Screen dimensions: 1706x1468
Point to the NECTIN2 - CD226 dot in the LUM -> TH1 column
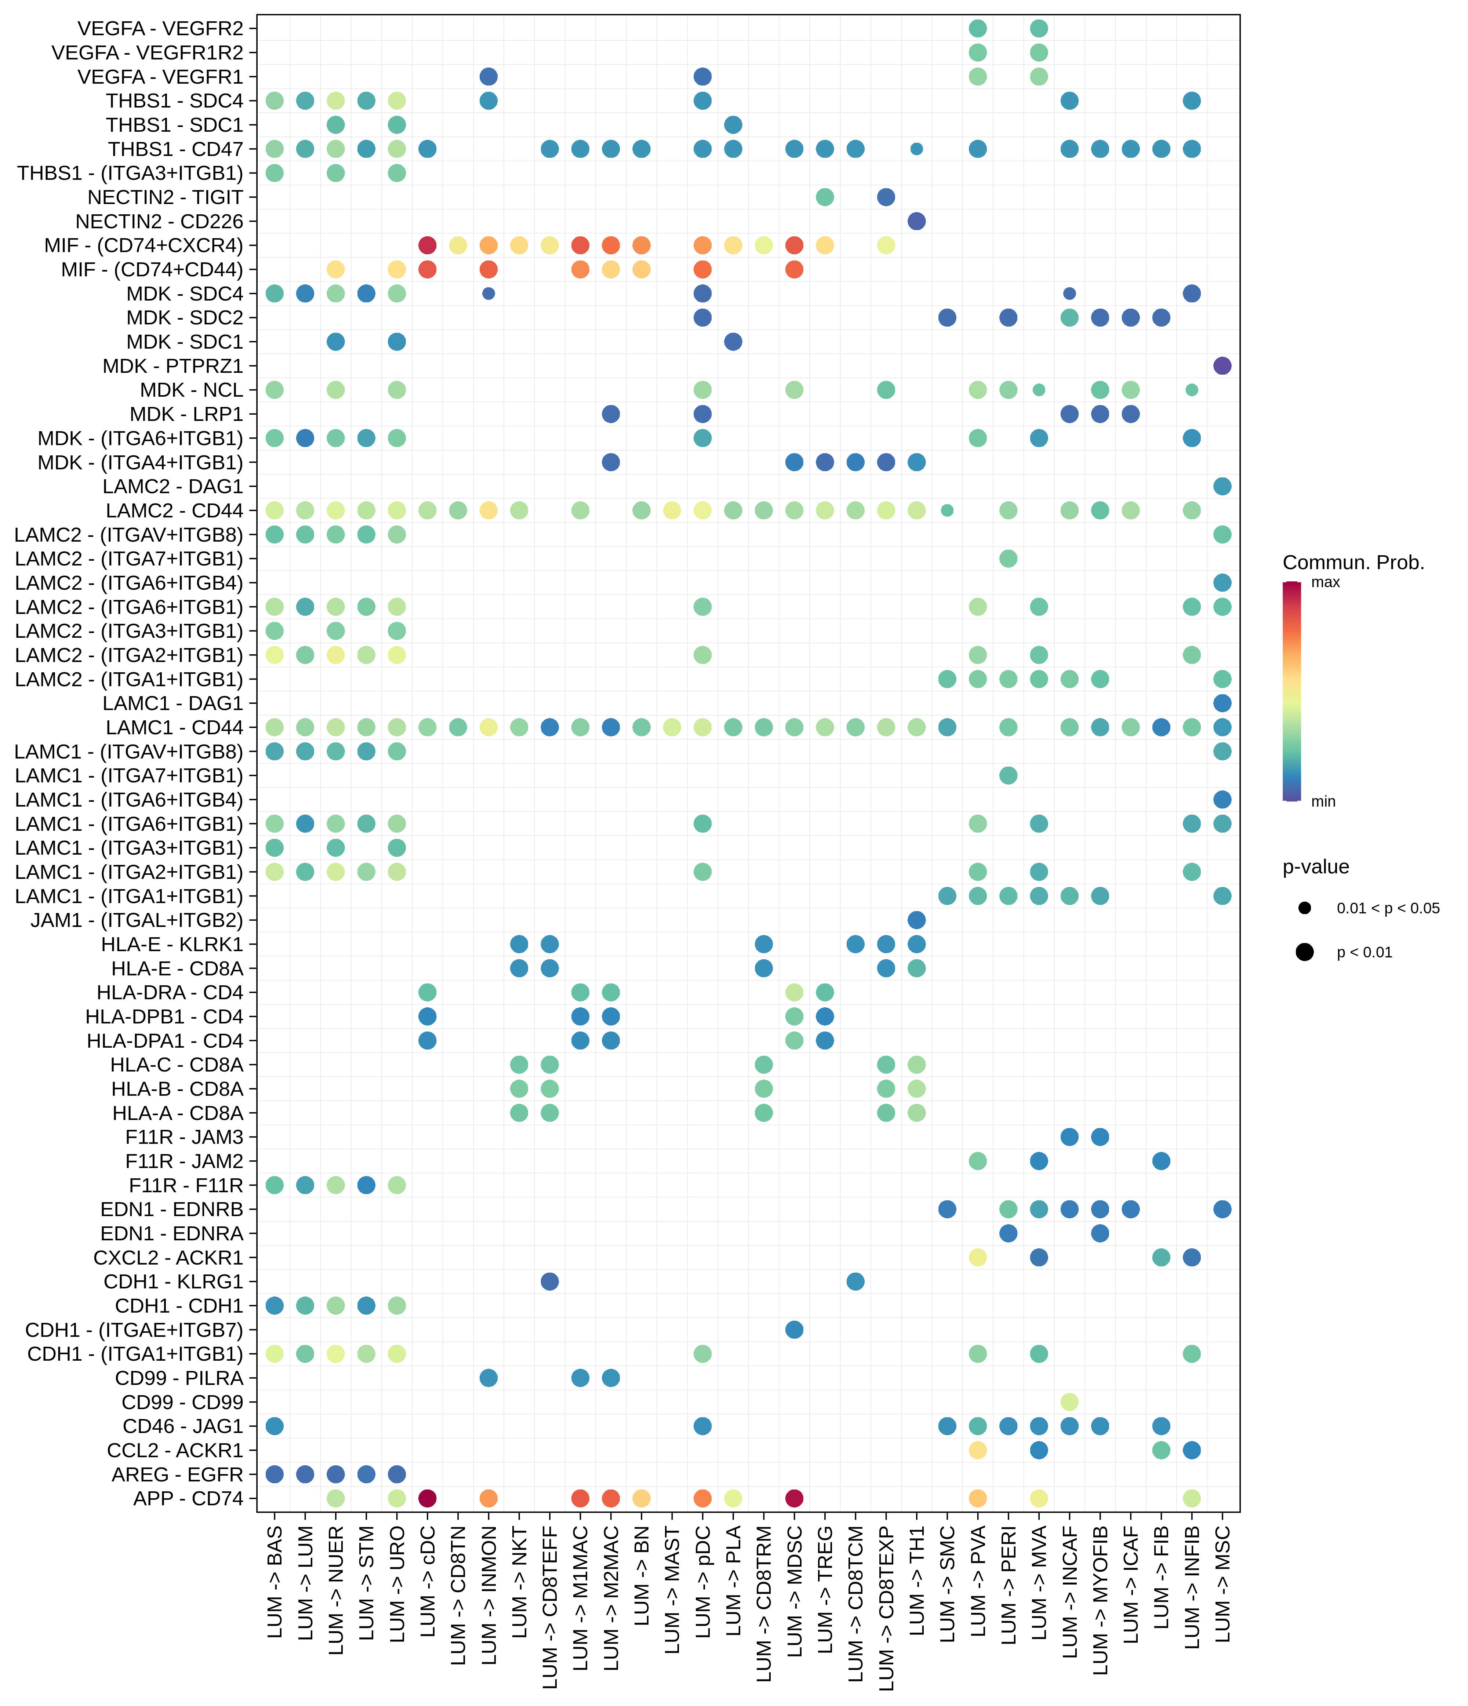[916, 222]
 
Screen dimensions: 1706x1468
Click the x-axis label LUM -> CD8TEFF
[550, 1605]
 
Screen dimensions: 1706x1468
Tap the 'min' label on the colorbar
[1323, 801]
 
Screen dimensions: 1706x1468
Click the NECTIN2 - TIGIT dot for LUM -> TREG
[825, 197]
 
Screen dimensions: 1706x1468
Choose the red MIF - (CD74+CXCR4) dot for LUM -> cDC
[427, 245]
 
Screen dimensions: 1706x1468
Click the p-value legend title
[1316, 867]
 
